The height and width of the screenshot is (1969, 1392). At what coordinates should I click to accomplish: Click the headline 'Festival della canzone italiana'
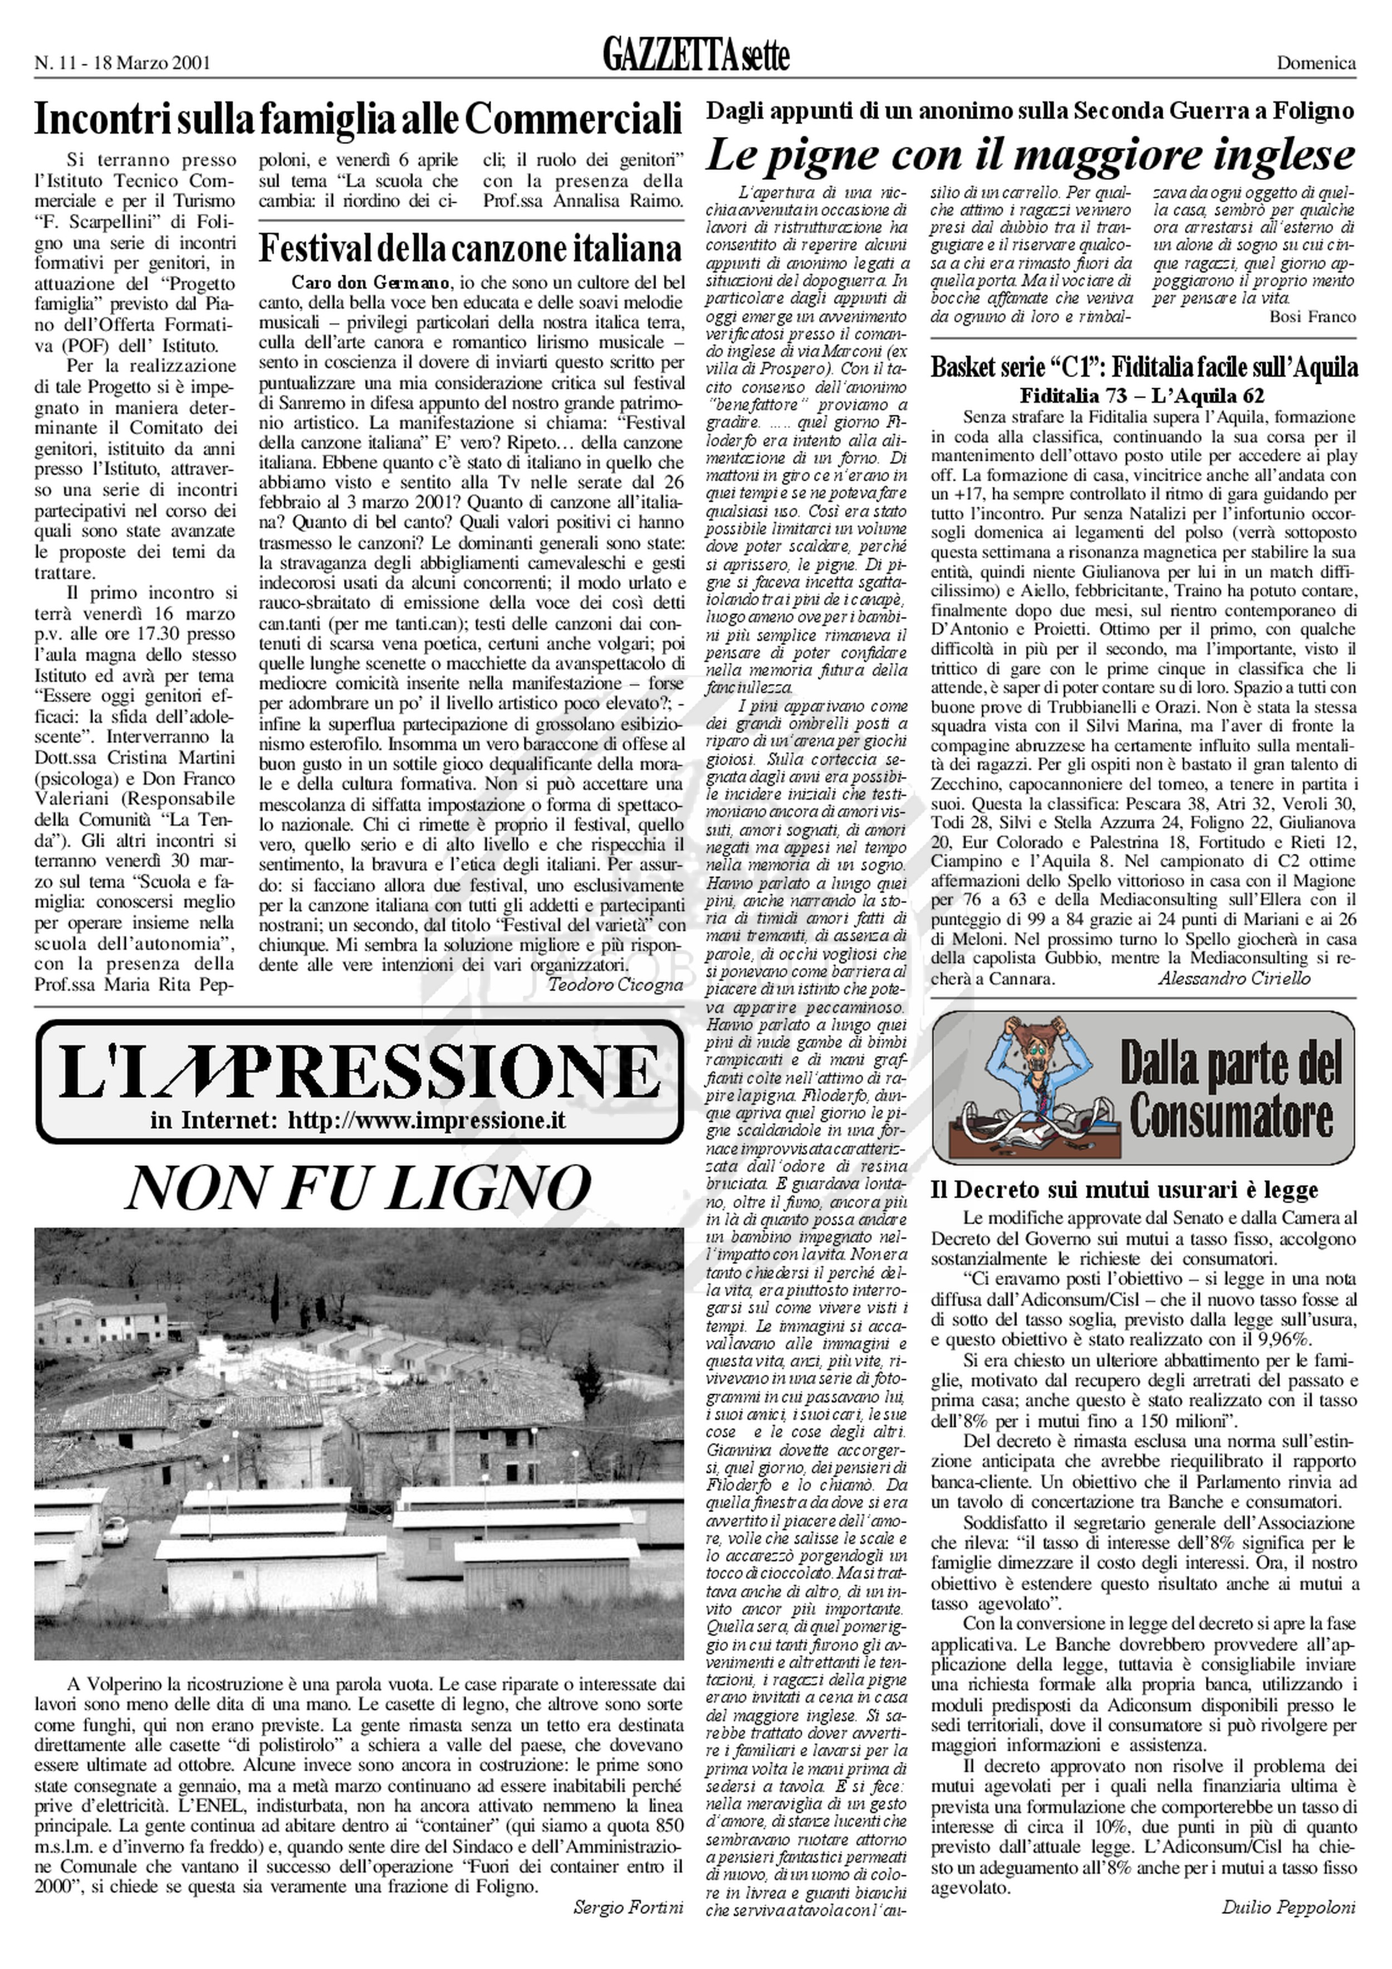click(470, 248)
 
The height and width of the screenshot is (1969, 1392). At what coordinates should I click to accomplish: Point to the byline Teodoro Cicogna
click(615, 985)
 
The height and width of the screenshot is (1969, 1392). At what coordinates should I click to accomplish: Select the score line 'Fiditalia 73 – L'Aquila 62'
click(1141, 396)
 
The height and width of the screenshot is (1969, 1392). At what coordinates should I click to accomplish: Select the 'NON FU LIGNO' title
click(358, 1188)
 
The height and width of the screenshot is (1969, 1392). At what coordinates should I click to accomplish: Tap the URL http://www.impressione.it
click(426, 1121)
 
